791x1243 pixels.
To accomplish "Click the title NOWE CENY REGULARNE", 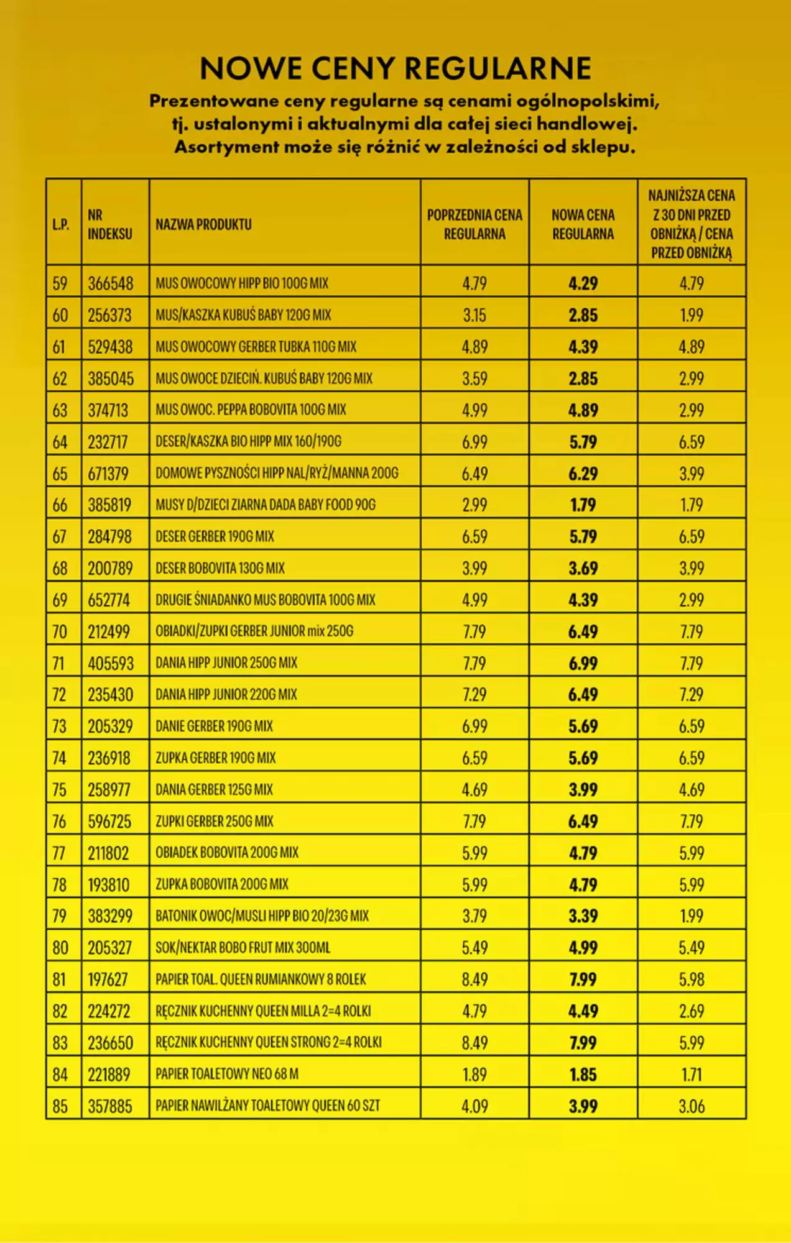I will pyautogui.click(x=395, y=68).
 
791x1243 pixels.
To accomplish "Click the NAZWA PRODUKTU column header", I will pyautogui.click(x=203, y=224).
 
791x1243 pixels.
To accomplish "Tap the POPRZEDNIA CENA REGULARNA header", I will pyautogui.click(x=474, y=224).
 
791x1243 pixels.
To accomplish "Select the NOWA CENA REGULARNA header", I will pyautogui.click(x=583, y=224).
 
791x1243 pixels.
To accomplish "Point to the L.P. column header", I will pyautogui.click(x=61, y=225).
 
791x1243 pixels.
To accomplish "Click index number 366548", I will pyautogui.click(x=110, y=283).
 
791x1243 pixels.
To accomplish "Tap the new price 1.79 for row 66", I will pyautogui.click(x=583, y=505).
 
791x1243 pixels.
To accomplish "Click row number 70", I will pyautogui.click(x=60, y=631).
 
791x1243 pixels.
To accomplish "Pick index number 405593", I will pyautogui.click(x=111, y=663).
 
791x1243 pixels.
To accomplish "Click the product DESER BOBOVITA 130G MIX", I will pyautogui.click(x=220, y=568).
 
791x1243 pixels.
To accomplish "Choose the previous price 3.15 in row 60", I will pyautogui.click(x=474, y=315).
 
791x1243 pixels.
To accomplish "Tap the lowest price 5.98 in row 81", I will pyautogui.click(x=692, y=979).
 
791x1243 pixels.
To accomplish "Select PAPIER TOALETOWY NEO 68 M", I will pyautogui.click(x=227, y=1074).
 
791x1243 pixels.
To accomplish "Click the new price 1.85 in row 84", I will pyautogui.click(x=583, y=1075).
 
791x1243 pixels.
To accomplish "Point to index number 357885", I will pyautogui.click(x=110, y=1106).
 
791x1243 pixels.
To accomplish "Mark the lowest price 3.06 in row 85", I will pyautogui.click(x=692, y=1106).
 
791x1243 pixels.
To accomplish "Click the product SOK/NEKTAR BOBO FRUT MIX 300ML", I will pyautogui.click(x=243, y=948).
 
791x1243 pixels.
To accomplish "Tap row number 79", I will pyautogui.click(x=60, y=916).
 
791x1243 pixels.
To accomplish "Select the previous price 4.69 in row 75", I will pyautogui.click(x=474, y=790).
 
